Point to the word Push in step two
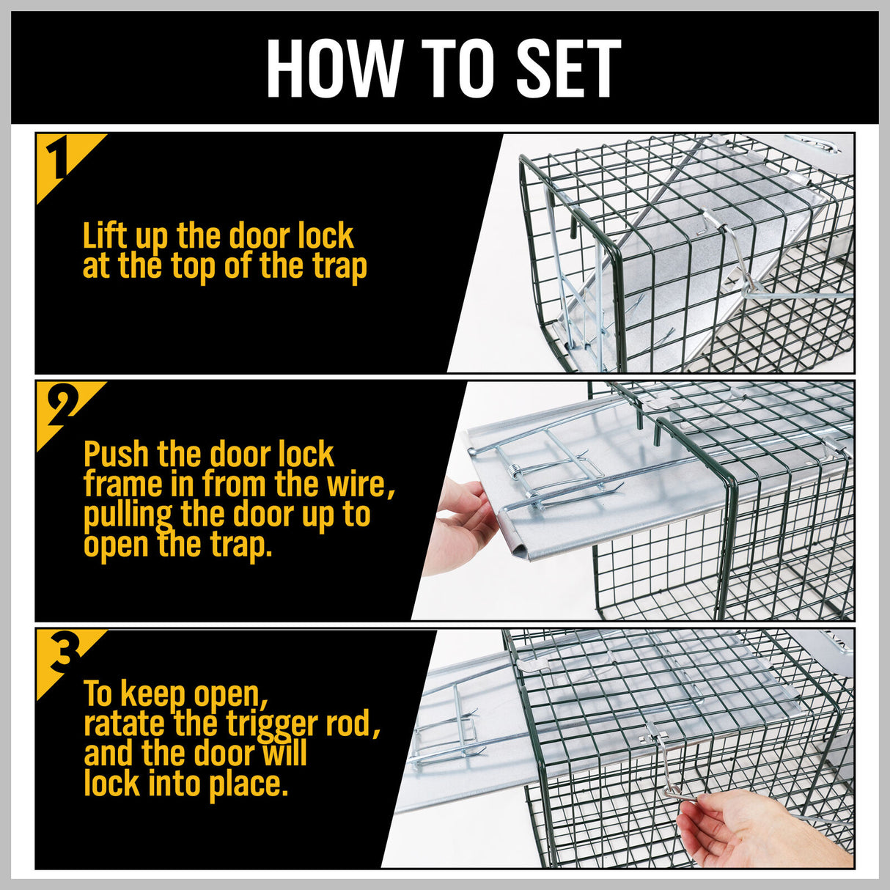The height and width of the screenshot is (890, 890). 117,455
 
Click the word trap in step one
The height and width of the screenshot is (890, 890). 339,268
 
